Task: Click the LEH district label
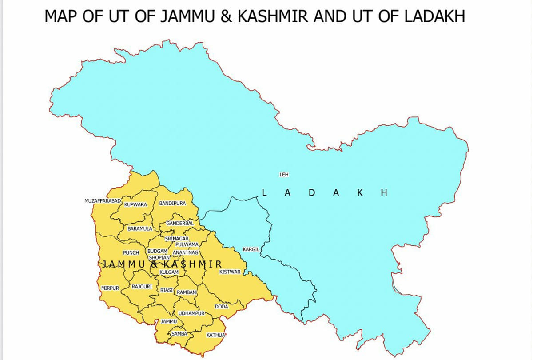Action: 284,175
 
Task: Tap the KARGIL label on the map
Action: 251,249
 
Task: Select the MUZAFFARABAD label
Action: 103,201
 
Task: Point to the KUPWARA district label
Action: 136,205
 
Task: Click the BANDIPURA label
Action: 172,203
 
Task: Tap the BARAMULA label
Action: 139,229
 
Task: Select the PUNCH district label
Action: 131,252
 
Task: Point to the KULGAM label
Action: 169,272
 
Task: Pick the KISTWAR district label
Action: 230,271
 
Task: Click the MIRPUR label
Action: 110,288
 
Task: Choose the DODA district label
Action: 222,307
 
